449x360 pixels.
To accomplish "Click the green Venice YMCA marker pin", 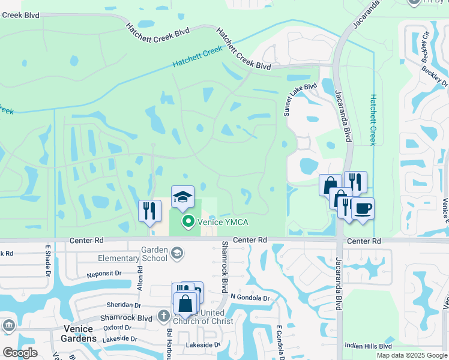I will pyautogui.click(x=188, y=222).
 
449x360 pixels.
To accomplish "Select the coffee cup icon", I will pyautogui.click(x=363, y=209).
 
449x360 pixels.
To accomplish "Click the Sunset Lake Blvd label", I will pyautogui.click(x=300, y=99).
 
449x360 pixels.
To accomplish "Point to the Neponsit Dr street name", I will pyautogui.click(x=104, y=272).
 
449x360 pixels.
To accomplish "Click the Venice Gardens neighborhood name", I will pyautogui.click(x=79, y=334).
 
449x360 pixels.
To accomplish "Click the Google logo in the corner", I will pyautogui.click(x=20, y=352).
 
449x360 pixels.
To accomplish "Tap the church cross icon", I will pyautogui.click(x=163, y=315).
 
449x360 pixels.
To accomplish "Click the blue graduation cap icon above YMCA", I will pyautogui.click(x=182, y=196).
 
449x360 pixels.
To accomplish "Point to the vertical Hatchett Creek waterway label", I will pyautogui.click(x=373, y=119).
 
